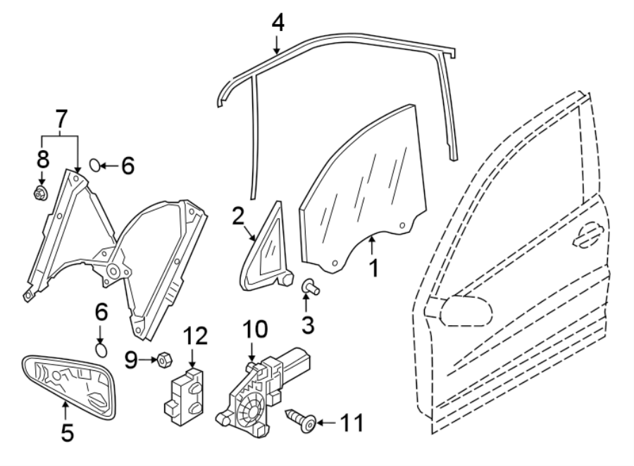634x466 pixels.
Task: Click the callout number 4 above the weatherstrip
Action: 278,23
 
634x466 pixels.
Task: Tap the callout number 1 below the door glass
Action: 374,267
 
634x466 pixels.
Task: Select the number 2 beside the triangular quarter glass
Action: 237,215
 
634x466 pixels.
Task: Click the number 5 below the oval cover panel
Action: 66,432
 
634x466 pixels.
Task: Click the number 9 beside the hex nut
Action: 130,360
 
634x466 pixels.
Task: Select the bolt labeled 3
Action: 311,286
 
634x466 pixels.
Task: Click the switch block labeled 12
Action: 185,395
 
